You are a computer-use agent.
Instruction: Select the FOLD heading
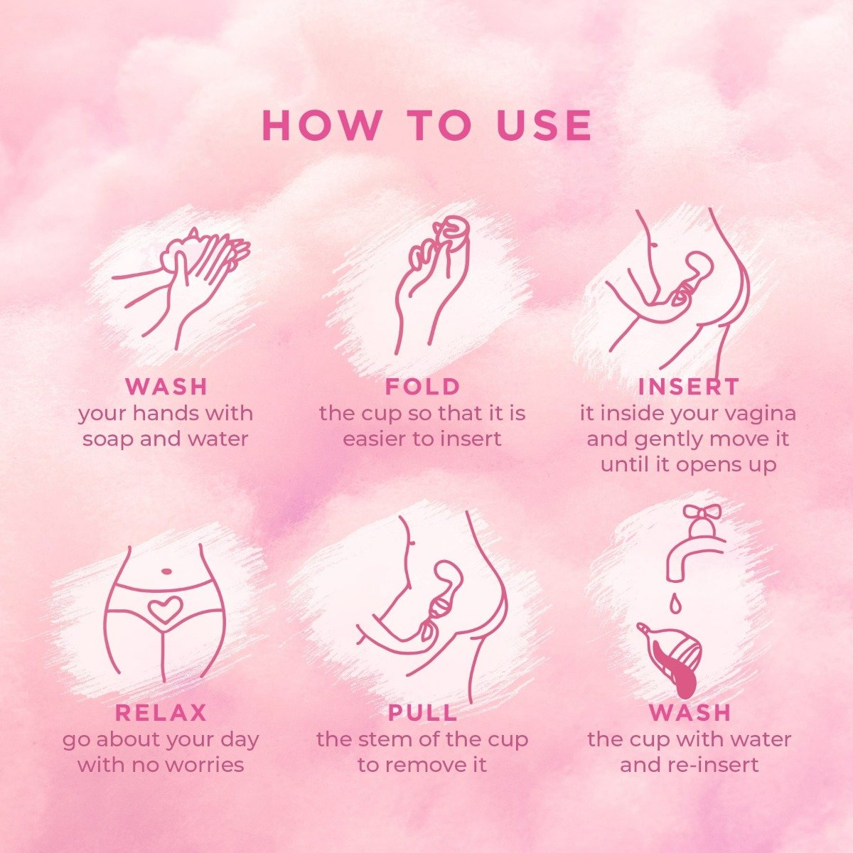423,387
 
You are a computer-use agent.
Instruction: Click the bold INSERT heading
689,387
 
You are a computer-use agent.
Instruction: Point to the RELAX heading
161,712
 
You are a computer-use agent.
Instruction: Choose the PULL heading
423,712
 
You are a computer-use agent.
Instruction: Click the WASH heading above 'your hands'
166,387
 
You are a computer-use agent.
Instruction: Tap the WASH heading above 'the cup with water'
690,712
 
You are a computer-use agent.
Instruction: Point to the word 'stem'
384,739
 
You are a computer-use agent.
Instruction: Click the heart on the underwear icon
165,609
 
